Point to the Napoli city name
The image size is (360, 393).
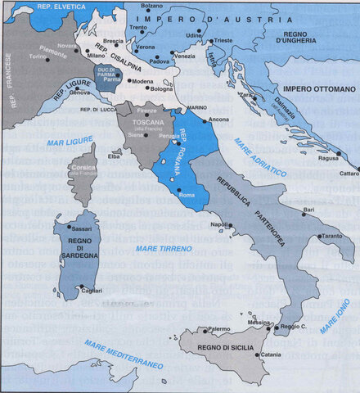[218, 224]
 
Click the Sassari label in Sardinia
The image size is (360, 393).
[82, 228]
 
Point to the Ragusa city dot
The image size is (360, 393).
[338, 153]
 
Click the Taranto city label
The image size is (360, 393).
[332, 235]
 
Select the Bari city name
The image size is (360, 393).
[308, 210]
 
